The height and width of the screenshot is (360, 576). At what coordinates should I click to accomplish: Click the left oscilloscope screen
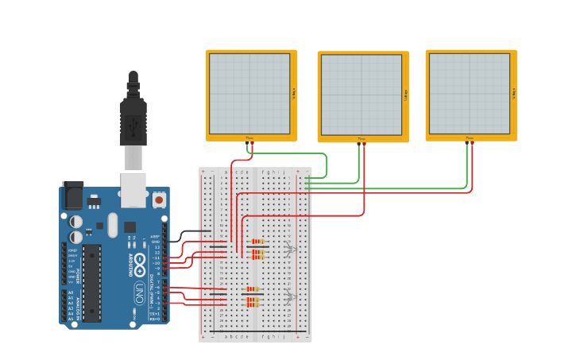pos(249,94)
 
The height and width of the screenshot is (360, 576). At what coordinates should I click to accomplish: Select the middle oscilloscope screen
pos(361,95)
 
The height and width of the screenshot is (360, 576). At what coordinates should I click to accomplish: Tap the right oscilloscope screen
pos(470,94)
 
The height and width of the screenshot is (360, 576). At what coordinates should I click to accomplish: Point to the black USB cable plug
pos(133,119)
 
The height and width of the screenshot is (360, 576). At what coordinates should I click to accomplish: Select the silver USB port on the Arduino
pos(133,189)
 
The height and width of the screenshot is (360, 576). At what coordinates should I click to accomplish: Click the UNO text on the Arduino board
pos(139,288)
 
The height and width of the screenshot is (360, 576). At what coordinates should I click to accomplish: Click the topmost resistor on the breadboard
pos(257,242)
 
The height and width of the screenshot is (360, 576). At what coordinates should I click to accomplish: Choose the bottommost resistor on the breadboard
pos(253,304)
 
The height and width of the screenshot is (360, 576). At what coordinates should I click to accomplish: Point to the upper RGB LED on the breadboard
pos(289,249)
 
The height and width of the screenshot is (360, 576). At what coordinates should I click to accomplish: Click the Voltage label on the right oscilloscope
pos(514,94)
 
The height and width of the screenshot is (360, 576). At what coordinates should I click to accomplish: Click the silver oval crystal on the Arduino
pos(112,224)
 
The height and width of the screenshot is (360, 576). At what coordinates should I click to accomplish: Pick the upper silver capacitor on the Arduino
pos(75,222)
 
